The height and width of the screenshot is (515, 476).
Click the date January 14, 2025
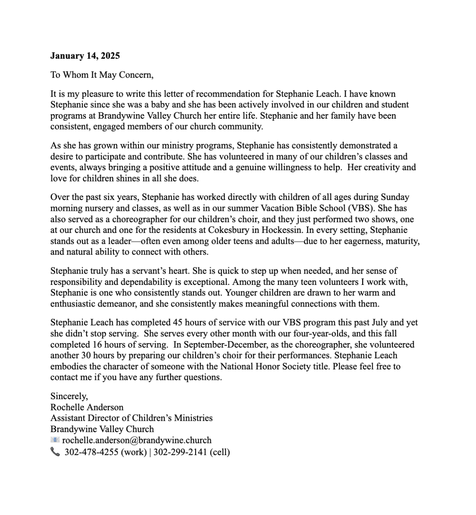pyautogui.click(x=85, y=56)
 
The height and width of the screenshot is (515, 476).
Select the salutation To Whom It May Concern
pyautogui.click(x=102, y=75)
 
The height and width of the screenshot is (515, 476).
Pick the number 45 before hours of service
pyautogui.click(x=178, y=323)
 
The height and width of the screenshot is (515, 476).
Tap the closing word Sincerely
pyautogui.click(x=69, y=396)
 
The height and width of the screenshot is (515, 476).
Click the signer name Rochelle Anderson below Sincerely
pyautogui.click(x=87, y=407)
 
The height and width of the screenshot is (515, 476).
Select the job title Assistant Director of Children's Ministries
pyautogui.click(x=131, y=418)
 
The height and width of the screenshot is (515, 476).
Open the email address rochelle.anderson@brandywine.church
pyautogui.click(x=137, y=440)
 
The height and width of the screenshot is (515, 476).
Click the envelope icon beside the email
pyautogui.click(x=55, y=440)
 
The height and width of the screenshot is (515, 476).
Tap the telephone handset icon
pyautogui.click(x=55, y=452)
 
